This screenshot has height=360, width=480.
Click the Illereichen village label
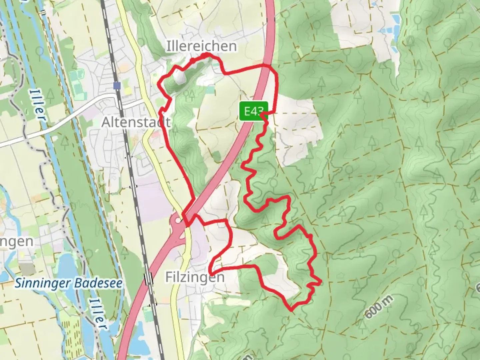click(202, 46)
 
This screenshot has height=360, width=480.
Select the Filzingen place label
click(195, 277)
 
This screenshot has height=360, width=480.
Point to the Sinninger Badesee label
click(68, 284)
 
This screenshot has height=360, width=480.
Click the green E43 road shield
click(253, 111)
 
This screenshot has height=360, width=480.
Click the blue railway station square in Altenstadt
click(117, 86)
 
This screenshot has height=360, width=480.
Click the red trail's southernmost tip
click(291, 310)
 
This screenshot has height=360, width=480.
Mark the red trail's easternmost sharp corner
click(321, 282)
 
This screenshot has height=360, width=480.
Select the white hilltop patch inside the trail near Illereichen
click(179, 78)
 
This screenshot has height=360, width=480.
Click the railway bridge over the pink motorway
click(149, 278)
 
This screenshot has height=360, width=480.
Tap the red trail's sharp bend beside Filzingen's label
click(210, 271)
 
